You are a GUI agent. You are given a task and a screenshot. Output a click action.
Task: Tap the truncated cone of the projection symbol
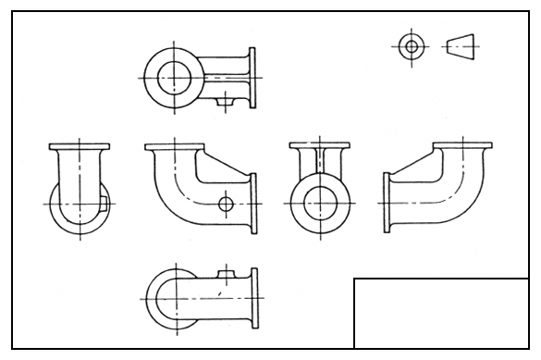pyautogui.click(x=460, y=45)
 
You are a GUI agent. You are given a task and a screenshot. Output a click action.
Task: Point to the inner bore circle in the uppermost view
pyautogui.click(x=172, y=78)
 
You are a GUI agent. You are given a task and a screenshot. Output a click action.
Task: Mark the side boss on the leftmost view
pyautogui.click(x=108, y=198)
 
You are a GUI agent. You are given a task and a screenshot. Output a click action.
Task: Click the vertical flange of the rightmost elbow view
pyautogui.click(x=383, y=201)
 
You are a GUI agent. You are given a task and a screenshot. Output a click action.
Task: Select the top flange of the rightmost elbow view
pyautogui.click(x=462, y=146)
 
